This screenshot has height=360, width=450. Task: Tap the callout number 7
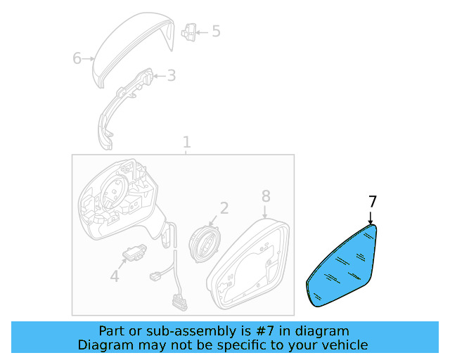click(x=372, y=202)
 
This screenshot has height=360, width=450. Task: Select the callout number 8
click(x=266, y=196)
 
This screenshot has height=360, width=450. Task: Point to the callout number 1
click(x=187, y=142)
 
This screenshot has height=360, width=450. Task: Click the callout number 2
click(x=224, y=208)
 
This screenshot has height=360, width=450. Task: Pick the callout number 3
click(x=172, y=75)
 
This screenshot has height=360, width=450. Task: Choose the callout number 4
click(x=115, y=276)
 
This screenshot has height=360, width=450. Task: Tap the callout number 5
click(x=216, y=31)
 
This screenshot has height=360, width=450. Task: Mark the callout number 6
click(x=77, y=58)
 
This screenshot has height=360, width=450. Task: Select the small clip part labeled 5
click(x=188, y=32)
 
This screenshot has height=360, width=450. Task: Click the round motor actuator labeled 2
click(x=204, y=243)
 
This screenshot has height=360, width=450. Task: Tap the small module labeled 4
click(x=134, y=252)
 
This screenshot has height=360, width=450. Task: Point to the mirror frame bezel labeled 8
click(x=248, y=264)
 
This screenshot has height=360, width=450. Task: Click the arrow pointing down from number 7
click(x=371, y=218)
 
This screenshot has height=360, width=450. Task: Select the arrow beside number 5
click(x=202, y=32)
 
